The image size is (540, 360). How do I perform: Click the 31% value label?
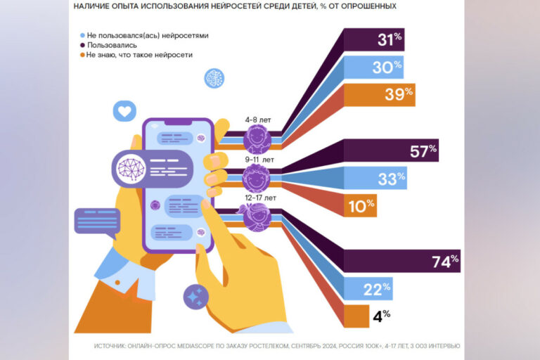tap(389, 40)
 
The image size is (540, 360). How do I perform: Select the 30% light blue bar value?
tap(388, 67)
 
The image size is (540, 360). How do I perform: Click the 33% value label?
tap(392, 179)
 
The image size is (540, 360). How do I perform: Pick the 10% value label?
tap(362, 205)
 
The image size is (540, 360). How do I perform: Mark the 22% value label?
tap(378, 288)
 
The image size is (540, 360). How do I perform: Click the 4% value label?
tap(382, 316)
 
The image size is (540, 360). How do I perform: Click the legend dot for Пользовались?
tap(83, 44)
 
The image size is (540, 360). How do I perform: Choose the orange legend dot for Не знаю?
tap(83, 55)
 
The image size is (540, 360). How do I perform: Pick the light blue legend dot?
tap(83, 34)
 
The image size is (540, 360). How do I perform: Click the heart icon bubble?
tap(124, 111)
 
